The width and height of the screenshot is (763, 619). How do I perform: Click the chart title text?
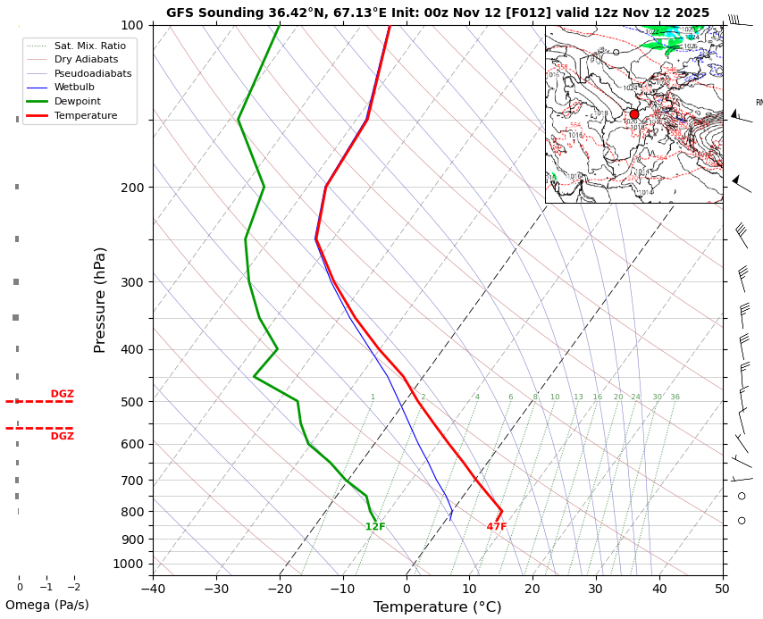coord(438,13)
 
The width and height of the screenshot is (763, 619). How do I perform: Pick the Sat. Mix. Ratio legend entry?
coord(89,45)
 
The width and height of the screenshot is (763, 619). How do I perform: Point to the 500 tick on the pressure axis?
coord(132,402)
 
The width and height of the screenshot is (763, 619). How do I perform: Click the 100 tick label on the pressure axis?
coord(132,25)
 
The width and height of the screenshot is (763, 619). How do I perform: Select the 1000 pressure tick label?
coord(129,564)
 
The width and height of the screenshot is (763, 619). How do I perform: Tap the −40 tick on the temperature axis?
coord(153,589)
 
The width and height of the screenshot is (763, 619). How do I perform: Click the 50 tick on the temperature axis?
coord(722,589)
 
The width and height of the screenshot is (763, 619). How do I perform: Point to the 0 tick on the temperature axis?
coord(407,589)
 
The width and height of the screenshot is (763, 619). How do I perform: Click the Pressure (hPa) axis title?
coord(100,299)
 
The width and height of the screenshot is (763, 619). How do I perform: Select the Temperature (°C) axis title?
coord(437,607)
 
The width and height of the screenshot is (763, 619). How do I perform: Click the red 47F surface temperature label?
coord(497,527)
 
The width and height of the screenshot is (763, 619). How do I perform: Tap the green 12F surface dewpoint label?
coord(375,527)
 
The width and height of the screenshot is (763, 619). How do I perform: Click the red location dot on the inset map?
coord(634,114)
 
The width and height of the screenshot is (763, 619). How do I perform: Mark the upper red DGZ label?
coord(63,394)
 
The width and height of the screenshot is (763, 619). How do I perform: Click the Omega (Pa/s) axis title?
coord(46,606)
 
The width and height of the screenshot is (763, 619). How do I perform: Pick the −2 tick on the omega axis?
coord(74,588)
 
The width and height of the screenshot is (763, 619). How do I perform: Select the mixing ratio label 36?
coord(675,397)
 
